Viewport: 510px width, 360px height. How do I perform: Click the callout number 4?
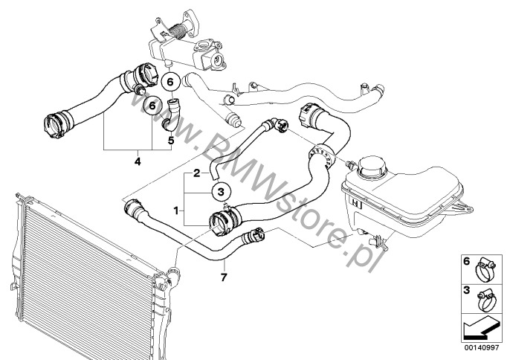pyautogui.click(x=138, y=161)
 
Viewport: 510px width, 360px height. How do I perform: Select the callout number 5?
pyautogui.click(x=171, y=141)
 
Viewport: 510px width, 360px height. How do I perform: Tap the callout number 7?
pyautogui.click(x=224, y=277)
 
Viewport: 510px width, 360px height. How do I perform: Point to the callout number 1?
pyautogui.click(x=176, y=211)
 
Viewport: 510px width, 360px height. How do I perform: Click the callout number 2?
pyautogui.click(x=196, y=173)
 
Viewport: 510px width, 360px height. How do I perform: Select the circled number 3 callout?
pyautogui.click(x=222, y=192)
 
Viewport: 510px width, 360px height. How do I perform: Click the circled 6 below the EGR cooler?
pyautogui.click(x=170, y=82)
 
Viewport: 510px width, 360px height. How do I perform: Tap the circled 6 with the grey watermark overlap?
pyautogui.click(x=152, y=105)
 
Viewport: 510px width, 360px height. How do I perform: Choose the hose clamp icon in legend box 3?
pyautogui.click(x=485, y=300)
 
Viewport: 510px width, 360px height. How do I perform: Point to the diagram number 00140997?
pyautogui.click(x=481, y=348)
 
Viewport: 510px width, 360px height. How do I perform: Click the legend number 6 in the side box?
pyautogui.click(x=467, y=261)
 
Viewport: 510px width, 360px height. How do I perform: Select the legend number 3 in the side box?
pyautogui.click(x=467, y=290)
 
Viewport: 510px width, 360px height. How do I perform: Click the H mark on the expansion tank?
pyautogui.click(x=357, y=203)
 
